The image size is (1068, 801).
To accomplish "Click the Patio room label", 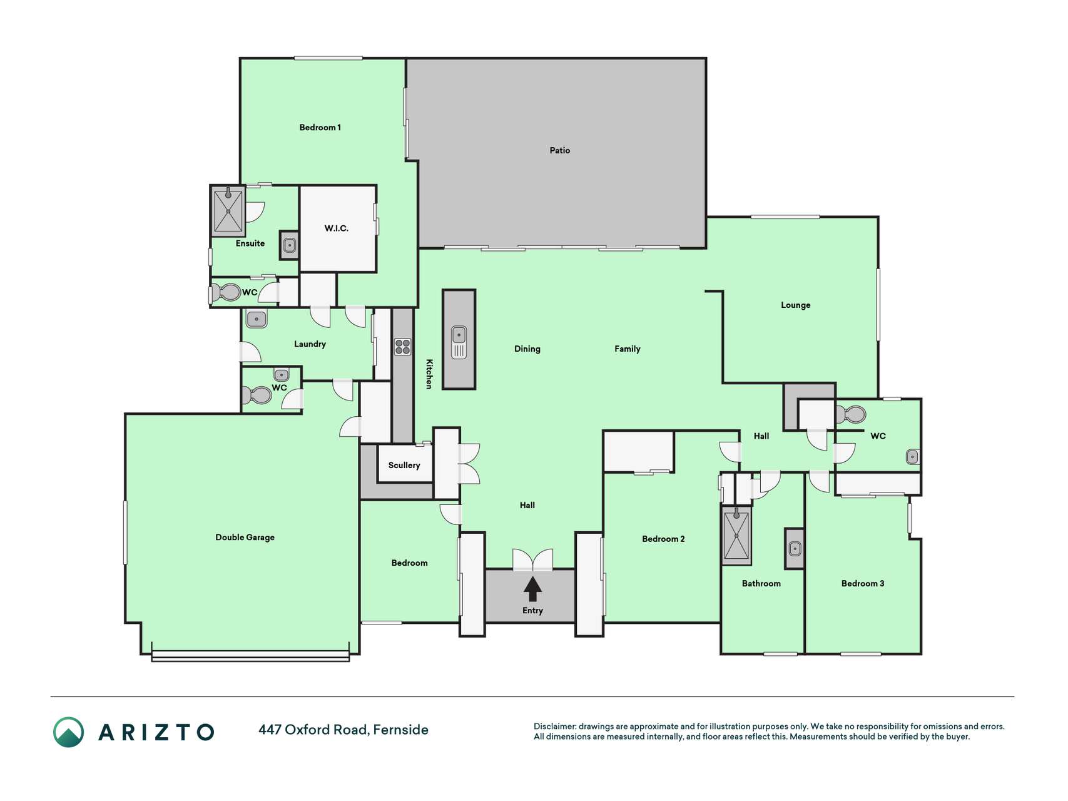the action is (x=559, y=150).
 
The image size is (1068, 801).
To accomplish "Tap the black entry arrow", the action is (x=532, y=589).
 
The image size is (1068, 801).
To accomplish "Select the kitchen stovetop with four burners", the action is (x=403, y=347).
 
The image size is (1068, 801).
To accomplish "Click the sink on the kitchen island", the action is (x=459, y=342).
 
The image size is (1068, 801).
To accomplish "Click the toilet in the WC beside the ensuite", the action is (x=226, y=292).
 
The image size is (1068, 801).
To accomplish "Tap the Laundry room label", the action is (x=310, y=344).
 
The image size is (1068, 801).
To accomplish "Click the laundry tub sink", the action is (x=257, y=319).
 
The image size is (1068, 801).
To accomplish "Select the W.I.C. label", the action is (x=336, y=228).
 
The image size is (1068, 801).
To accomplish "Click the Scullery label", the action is (x=404, y=465).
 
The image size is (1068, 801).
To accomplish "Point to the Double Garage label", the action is (x=245, y=537).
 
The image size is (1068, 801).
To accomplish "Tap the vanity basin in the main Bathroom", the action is (x=795, y=549).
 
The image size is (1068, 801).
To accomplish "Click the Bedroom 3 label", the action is (x=863, y=583).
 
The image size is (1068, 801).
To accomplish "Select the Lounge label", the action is (x=795, y=305).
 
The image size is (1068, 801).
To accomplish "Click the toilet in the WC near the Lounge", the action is (x=852, y=414).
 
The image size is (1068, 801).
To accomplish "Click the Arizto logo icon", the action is (x=68, y=732).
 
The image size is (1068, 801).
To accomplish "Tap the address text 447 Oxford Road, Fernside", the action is (x=343, y=730).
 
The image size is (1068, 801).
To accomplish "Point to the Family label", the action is (x=627, y=349).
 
